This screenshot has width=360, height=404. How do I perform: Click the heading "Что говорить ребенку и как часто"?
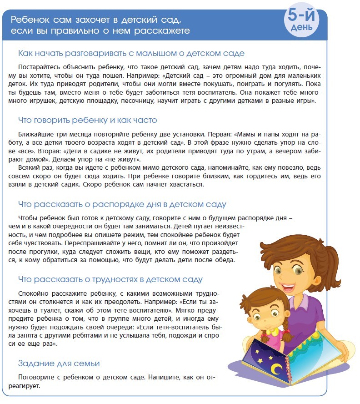[x=87, y=120]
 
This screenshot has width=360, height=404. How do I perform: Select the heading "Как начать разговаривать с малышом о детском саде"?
[x=131, y=53]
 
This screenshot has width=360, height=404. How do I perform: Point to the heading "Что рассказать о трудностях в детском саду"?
[x=110, y=279]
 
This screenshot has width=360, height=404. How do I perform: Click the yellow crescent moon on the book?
[x=275, y=368]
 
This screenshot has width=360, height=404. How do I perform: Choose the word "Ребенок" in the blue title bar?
[x=29, y=20]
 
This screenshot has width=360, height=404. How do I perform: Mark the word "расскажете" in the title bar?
[x=167, y=30]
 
